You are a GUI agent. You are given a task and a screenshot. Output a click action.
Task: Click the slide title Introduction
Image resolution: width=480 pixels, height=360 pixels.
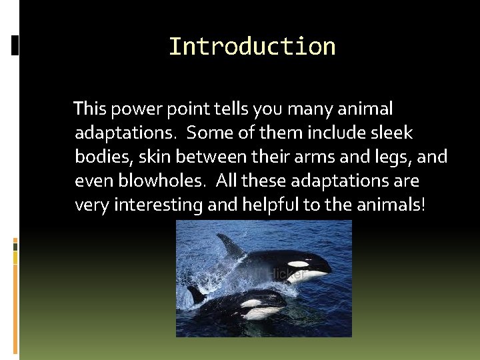252,47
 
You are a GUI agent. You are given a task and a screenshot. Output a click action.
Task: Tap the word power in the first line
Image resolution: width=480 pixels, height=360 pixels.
135,109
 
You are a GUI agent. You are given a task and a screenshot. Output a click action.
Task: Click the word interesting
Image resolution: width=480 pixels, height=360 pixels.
159,205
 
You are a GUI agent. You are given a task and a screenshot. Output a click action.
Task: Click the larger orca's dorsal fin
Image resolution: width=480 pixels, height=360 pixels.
231,247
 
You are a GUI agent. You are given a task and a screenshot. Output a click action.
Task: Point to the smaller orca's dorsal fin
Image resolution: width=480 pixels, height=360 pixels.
196,294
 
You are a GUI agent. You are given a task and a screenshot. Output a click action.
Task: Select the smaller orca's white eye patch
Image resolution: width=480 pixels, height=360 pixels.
253,303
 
